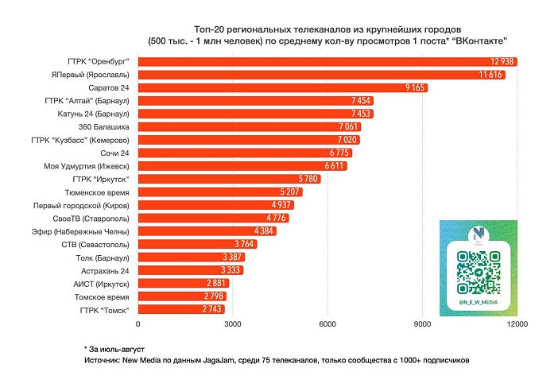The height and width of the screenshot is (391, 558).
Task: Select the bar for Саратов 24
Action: coord(283,87)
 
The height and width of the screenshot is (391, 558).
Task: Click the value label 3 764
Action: coord(245,244)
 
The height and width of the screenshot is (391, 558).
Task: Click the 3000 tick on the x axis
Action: coord(233,324)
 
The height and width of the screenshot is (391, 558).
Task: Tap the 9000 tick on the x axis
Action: coord(422,324)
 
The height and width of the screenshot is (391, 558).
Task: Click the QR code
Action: coord(479,272)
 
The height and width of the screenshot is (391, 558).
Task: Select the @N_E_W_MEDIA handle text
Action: coord(479,303)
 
